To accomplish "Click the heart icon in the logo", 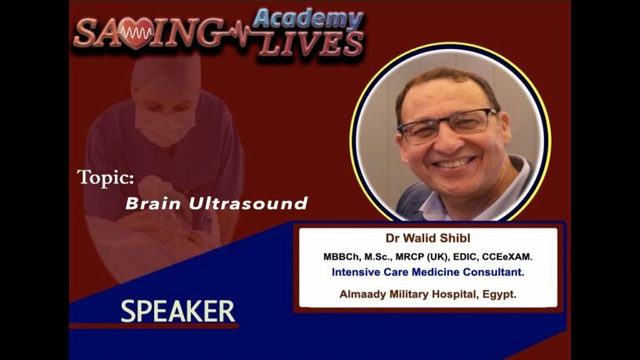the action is coord(137,33).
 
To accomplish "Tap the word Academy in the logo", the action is coord(308,19).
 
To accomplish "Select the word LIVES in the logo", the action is coord(311,43).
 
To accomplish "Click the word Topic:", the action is coord(106,178).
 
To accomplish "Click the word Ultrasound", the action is coord(248,203).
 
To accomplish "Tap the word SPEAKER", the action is coord(177,312).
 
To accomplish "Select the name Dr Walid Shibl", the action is coord(427,238).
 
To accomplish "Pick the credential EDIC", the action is coord(465,257).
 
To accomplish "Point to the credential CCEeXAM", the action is coord(507,257).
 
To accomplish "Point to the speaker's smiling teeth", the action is coord(453,163).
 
